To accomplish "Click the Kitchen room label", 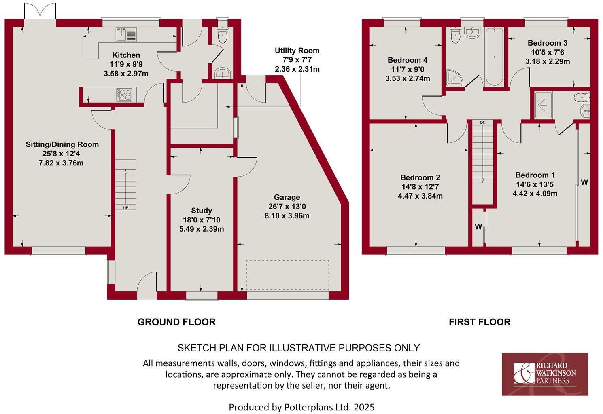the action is click(x=126, y=55).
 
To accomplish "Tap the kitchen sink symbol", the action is click(x=126, y=34).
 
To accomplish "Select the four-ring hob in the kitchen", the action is click(x=124, y=95).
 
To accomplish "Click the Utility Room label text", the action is click(x=297, y=51).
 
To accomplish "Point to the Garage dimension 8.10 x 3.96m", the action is click(x=287, y=216).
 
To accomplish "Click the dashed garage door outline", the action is click(x=288, y=275).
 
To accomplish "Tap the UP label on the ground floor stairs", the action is click(x=126, y=208).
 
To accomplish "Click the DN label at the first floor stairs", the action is click(x=483, y=123).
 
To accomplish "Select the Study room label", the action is click(x=202, y=210).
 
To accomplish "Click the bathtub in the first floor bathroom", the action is click(x=494, y=57).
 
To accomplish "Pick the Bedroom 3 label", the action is click(x=548, y=43).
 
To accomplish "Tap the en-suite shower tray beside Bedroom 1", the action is click(x=543, y=105).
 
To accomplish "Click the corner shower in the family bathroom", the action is click(x=454, y=78).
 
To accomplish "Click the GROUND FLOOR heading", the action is click(x=176, y=322).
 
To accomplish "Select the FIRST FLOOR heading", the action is click(x=480, y=322).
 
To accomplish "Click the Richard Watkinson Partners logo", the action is click(x=545, y=374).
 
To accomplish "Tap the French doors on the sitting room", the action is click(x=40, y=11).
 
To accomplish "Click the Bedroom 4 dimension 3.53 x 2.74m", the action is click(x=408, y=78).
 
